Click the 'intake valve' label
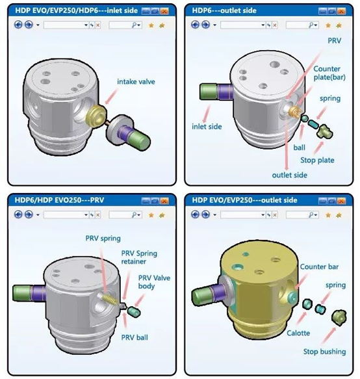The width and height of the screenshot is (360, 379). tap(136, 82)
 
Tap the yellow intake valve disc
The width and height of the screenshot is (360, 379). tap(96, 115)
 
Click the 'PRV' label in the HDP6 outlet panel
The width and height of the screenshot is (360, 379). tap(335, 40)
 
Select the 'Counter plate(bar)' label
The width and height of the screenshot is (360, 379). tap(329, 73)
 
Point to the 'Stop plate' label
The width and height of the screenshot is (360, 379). tap(317, 160)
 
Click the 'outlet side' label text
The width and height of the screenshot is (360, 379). tap(289, 175)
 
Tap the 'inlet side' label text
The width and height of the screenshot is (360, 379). tap(207, 126)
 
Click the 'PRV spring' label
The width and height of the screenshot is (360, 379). tap(103, 239)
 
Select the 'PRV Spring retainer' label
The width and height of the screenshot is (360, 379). tap(139, 257)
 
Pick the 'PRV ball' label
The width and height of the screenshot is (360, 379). tap(135, 337)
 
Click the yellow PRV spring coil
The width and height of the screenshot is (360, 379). tap(110, 298)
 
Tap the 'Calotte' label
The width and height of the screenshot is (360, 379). tap(298, 333)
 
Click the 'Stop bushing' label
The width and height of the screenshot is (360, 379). tap(324, 352)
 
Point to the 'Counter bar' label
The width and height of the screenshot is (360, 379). tap(319, 267)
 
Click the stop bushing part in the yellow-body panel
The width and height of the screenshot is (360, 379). tap(339, 317)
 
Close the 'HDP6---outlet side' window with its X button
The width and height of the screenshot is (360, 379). tap(341, 11)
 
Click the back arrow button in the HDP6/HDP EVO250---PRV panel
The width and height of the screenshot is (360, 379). tap(18, 215)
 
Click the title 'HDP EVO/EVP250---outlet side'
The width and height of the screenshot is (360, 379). tap(244, 200)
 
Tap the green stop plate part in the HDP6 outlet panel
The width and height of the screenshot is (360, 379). tap(324, 131)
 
